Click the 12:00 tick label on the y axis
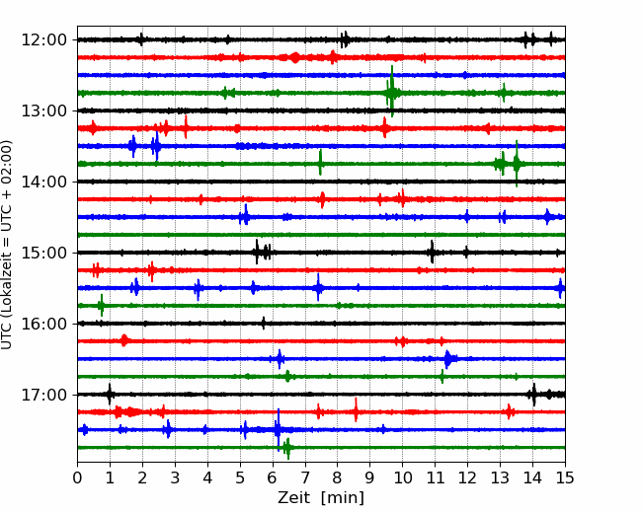(x=43, y=40)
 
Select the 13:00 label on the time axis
(x=43, y=110)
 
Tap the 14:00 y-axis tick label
(x=43, y=182)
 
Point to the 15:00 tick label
(x=43, y=253)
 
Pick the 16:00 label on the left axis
(x=43, y=324)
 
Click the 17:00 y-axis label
(x=43, y=395)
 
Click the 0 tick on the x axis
(x=77, y=477)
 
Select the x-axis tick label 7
(x=305, y=477)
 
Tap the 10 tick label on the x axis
(x=402, y=477)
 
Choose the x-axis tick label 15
(x=565, y=477)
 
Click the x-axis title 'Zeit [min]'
(x=321, y=498)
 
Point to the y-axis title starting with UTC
(x=7, y=245)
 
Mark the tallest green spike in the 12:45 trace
(x=392, y=91)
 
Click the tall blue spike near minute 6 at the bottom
(x=279, y=429)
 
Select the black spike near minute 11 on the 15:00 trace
(x=432, y=252)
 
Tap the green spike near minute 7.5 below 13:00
(x=320, y=163)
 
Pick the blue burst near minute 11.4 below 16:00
(x=448, y=359)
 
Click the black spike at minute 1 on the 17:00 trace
(x=110, y=395)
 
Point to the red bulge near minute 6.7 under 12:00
(x=294, y=57)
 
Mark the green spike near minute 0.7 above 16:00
(x=101, y=305)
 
